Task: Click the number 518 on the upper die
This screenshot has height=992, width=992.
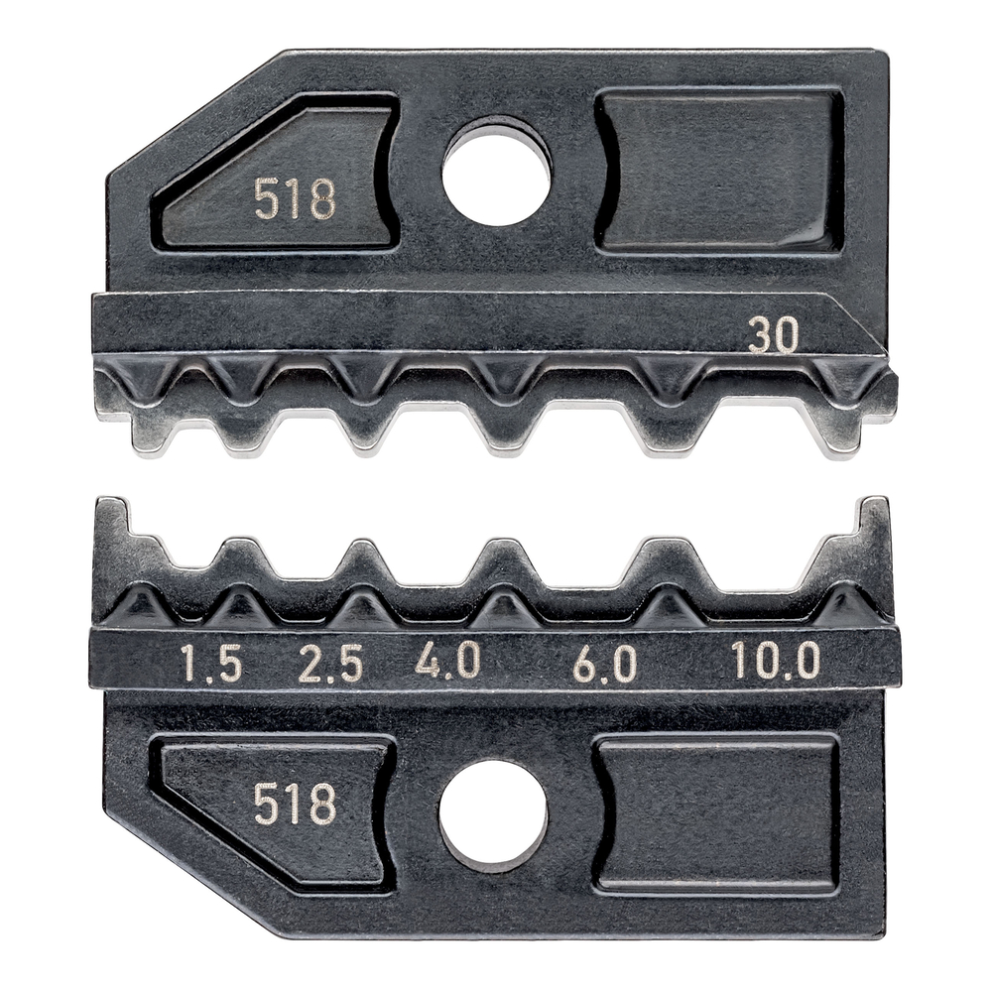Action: tap(295, 198)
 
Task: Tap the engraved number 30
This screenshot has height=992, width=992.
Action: tap(773, 337)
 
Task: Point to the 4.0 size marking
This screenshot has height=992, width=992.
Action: tap(447, 661)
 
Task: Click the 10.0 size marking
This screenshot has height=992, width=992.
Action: tap(776, 661)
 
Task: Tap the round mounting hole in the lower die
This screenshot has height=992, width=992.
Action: tap(493, 815)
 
